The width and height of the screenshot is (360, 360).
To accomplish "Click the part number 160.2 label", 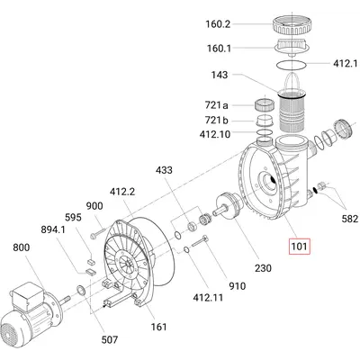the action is pyautogui.click(x=218, y=24).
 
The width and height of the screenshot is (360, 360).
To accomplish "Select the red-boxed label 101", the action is pyautogui.click(x=299, y=247).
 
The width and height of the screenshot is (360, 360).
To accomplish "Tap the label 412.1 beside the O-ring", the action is pyautogui.click(x=345, y=63).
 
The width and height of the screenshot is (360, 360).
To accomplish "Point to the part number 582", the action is pyautogui.click(x=350, y=219).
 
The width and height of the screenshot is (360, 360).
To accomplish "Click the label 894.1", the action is pyautogui.click(x=53, y=229).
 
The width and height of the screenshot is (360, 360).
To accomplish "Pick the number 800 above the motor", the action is pyautogui.click(x=22, y=247).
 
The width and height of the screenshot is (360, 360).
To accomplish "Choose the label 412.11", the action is pyautogui.click(x=208, y=298).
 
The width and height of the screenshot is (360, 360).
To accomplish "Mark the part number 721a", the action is pyautogui.click(x=216, y=105).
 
